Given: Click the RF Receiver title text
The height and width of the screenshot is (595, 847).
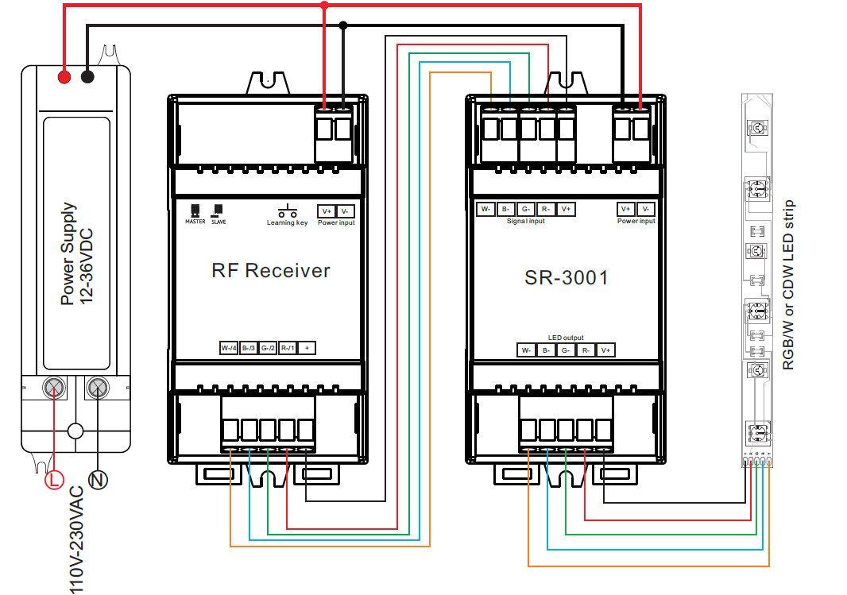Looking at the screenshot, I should (270, 270).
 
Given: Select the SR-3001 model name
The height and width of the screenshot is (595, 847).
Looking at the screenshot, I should (567, 277).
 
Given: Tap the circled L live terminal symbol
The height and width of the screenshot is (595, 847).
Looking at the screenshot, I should (54, 480).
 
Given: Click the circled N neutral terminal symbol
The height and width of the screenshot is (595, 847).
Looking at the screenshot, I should (98, 480).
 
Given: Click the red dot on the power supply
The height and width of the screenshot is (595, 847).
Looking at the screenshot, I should (64, 77).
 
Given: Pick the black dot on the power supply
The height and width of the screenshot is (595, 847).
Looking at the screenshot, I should (87, 77).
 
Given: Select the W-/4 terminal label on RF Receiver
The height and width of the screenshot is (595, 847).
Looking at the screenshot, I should (229, 348).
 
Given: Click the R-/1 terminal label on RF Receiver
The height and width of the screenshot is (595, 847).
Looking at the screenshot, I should (287, 348).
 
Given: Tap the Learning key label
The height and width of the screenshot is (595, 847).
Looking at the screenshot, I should (287, 223).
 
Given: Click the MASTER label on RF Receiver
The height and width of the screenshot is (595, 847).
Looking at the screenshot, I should (195, 222).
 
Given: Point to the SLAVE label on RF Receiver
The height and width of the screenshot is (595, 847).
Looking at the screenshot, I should (219, 222).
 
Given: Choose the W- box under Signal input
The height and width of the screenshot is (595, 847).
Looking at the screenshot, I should (485, 209).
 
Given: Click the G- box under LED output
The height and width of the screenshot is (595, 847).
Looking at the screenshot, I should (565, 350).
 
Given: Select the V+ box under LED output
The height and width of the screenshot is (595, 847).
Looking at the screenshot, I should (605, 350).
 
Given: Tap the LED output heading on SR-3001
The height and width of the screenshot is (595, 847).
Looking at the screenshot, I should (566, 338).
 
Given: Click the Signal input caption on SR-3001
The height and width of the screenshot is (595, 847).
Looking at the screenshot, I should (526, 221).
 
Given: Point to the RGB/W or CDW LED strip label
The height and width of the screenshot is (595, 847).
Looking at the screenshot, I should (788, 284).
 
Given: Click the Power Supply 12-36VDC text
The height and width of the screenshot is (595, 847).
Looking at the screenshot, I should (78, 254).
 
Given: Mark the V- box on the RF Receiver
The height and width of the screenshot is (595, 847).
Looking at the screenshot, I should (345, 211).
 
